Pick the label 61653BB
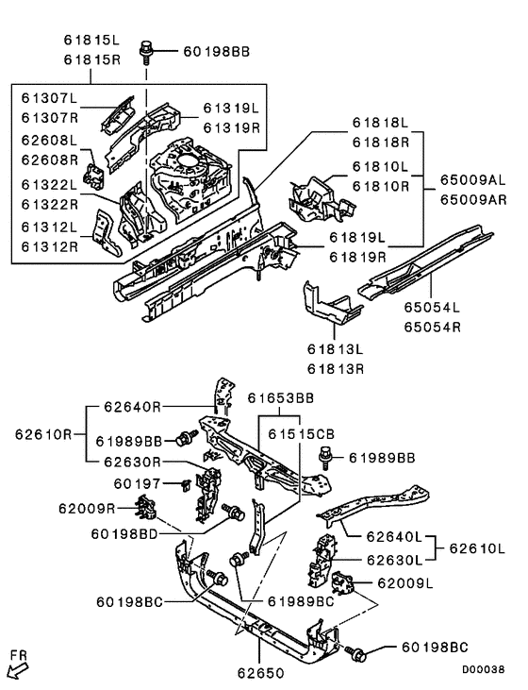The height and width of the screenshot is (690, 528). (x=280, y=399)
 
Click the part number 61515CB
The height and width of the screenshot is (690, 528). (x=299, y=433)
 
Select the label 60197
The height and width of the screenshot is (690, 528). (x=135, y=483)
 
